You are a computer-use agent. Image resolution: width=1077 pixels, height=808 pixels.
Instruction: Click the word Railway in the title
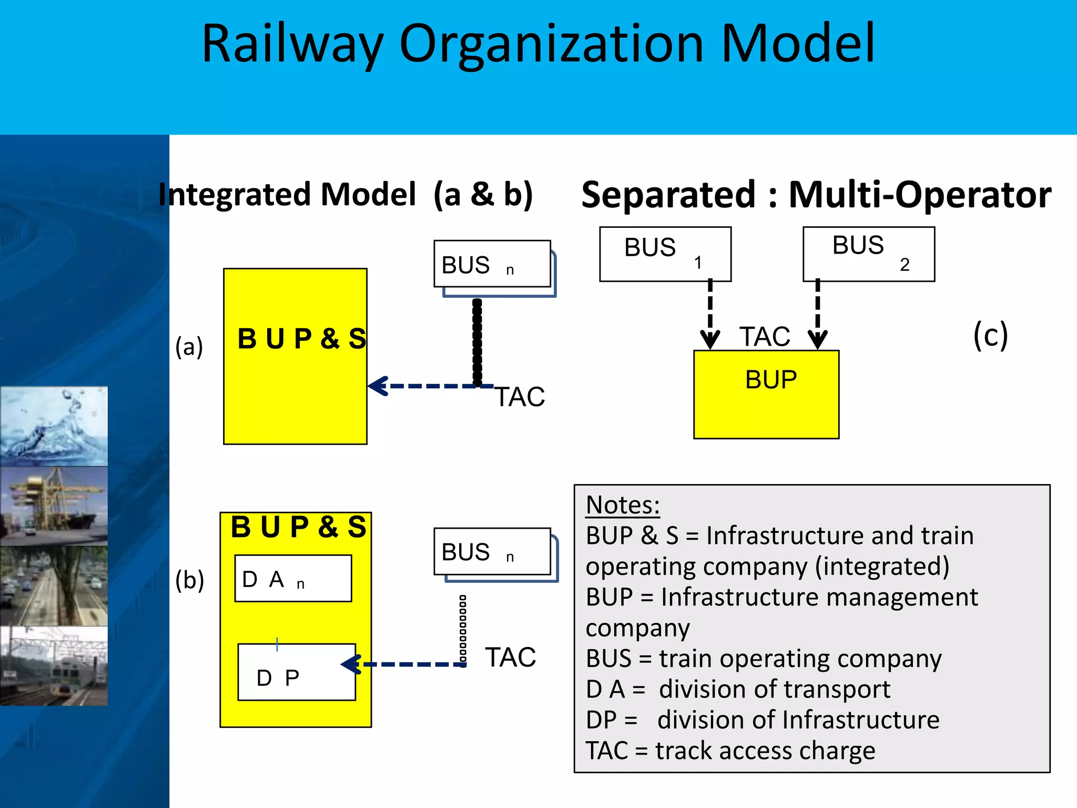click(x=292, y=45)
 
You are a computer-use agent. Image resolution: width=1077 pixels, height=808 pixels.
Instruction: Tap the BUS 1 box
click(x=665, y=254)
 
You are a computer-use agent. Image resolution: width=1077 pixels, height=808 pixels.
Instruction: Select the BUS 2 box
click(x=868, y=254)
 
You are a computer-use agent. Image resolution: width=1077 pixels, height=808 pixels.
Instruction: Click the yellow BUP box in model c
click(x=766, y=395)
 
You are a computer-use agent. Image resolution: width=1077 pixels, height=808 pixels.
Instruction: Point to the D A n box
click(x=293, y=578)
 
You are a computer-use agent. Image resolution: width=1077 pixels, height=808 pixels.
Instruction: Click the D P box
click(x=296, y=672)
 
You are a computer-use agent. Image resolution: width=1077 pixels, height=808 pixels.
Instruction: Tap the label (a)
click(x=189, y=347)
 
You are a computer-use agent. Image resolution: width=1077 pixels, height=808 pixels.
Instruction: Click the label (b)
click(x=189, y=580)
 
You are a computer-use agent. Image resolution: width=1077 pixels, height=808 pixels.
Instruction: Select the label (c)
click(x=990, y=335)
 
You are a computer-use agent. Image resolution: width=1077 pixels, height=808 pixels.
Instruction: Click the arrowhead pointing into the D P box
click(x=351, y=664)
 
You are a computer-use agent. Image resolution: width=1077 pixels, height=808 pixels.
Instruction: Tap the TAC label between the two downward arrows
click(x=765, y=337)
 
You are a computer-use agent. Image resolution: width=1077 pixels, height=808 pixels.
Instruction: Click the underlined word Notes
click(x=622, y=505)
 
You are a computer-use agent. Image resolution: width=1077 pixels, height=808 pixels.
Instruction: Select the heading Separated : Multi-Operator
click(x=816, y=195)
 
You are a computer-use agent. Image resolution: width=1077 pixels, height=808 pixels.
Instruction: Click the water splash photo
click(x=54, y=426)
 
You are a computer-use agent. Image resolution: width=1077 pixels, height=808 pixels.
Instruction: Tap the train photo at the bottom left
click(x=54, y=665)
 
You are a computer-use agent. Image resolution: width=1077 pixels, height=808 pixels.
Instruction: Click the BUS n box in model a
click(x=492, y=264)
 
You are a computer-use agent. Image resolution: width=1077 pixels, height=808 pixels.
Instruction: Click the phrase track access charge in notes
click(x=765, y=750)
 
